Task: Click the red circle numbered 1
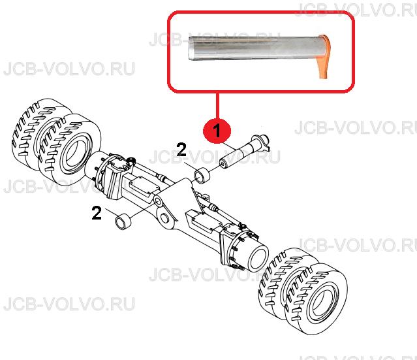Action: point(217,131)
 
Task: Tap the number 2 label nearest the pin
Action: point(181,150)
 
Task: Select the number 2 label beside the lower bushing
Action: point(97,213)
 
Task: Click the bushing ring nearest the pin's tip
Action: point(202,175)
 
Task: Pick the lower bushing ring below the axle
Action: point(123,221)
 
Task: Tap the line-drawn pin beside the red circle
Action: point(243,151)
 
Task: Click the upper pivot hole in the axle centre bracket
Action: point(159,202)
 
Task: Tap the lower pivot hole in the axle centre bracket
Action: point(164,219)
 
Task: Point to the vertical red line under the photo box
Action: point(217,106)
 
